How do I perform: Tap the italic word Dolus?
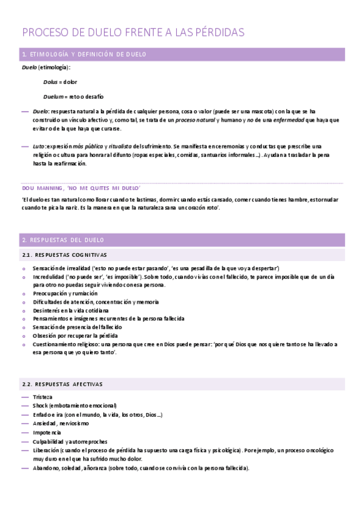[50, 82]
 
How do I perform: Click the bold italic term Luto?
[40, 147]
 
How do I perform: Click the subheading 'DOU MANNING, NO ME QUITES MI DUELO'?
[81, 187]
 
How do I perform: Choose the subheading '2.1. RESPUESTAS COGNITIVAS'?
[64, 254]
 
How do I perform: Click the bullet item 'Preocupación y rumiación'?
[65, 293]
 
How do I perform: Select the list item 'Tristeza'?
[43, 397]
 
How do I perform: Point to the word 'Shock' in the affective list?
[41, 405]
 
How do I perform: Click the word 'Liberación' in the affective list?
[47, 450]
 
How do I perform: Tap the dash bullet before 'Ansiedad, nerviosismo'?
[25, 423]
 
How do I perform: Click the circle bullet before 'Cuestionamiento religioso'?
[24, 344]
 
